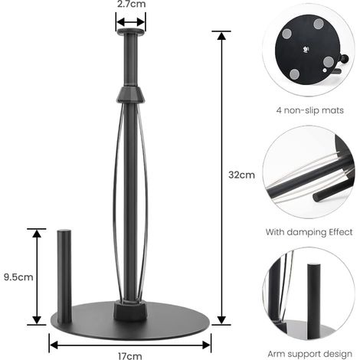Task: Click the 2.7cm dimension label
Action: [131, 4]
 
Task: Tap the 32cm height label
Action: [241, 175]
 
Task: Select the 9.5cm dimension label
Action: [18, 277]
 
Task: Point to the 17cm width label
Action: [130, 355]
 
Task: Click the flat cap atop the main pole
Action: [131, 32]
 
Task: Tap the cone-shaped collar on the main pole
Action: [131, 95]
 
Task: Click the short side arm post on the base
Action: [64, 277]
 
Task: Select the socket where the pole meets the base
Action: [130, 310]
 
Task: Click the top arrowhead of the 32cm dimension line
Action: [221, 36]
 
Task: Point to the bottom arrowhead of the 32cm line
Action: [221, 320]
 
